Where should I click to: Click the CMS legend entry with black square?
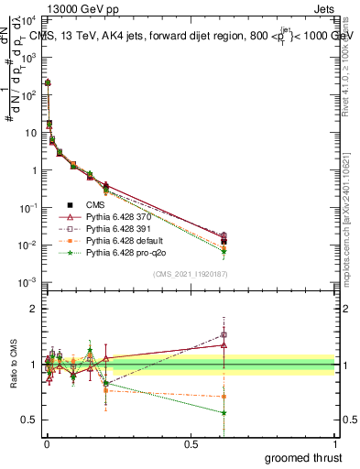[x=94, y=203]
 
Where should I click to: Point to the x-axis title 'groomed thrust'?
[x=304, y=457]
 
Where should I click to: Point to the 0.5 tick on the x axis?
[x=191, y=443]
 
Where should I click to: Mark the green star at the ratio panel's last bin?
[x=224, y=412]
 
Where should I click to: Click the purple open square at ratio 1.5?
[x=224, y=334]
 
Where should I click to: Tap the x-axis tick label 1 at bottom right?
[x=335, y=443]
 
